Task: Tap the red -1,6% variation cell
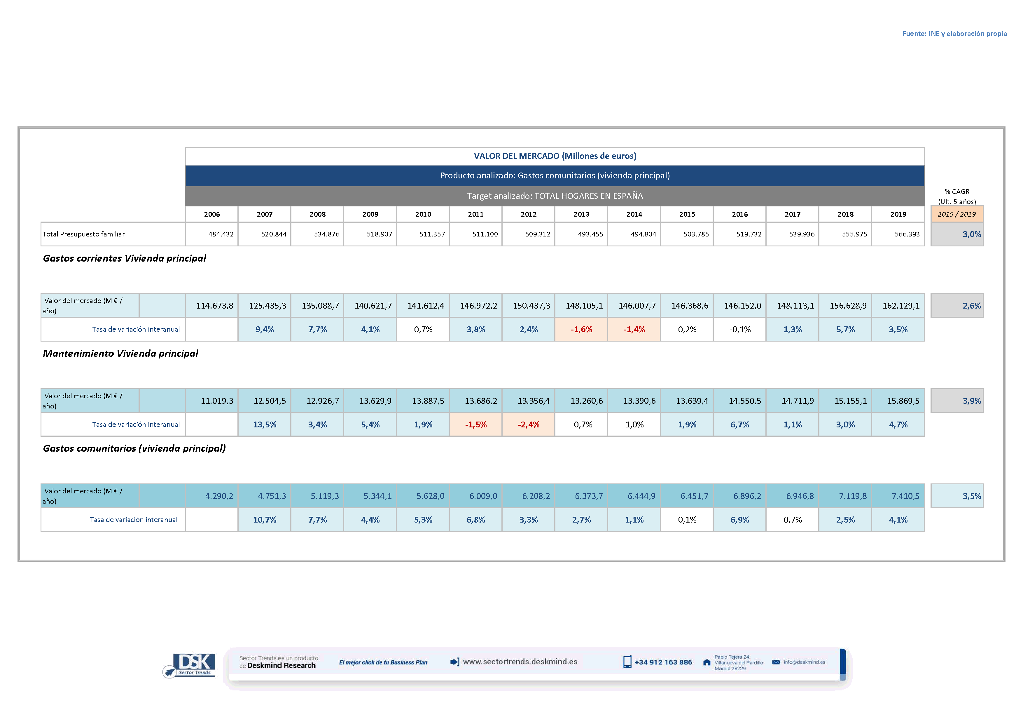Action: point(581,330)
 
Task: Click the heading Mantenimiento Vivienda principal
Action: point(120,354)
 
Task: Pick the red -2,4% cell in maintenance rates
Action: point(529,424)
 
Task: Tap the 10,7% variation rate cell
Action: point(265,520)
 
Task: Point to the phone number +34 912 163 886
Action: point(663,662)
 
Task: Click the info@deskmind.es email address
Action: point(804,662)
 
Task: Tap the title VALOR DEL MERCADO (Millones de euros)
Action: point(555,156)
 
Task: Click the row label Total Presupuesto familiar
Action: point(84,234)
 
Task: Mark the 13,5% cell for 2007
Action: point(265,424)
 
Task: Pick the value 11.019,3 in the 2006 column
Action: point(216,401)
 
